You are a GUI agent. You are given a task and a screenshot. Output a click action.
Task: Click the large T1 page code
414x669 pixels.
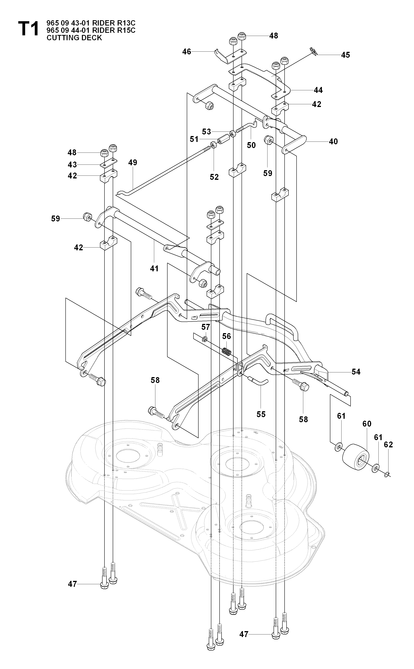coord(28,30)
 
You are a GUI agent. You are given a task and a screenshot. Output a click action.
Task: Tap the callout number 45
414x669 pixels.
coord(345,55)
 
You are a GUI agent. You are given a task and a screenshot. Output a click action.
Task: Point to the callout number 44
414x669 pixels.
coord(318,90)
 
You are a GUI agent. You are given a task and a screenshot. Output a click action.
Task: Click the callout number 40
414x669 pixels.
coord(333,142)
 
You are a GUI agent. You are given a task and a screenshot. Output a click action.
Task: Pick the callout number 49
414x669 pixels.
coord(133,163)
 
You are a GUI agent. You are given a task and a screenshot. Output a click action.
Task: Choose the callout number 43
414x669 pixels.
coord(72,165)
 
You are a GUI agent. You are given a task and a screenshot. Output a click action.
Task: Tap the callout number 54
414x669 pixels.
coord(356,372)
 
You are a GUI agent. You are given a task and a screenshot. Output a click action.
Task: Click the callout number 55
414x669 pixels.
coord(261,414)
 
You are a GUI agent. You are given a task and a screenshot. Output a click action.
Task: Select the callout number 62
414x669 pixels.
coord(388,445)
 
